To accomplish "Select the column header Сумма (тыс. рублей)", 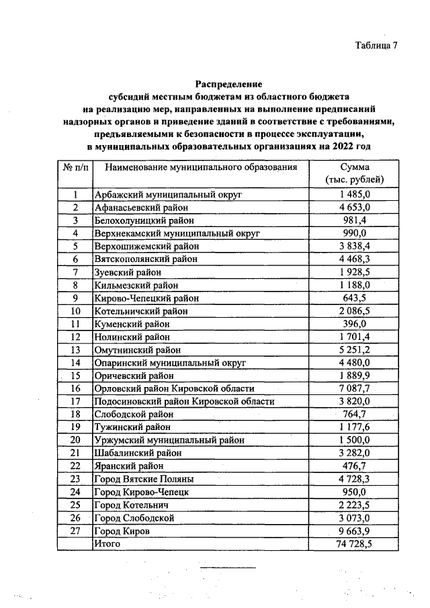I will pyautogui.click(x=354, y=173).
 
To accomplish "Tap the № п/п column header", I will pyautogui.click(x=74, y=167).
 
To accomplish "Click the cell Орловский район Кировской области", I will pyautogui.click(x=175, y=388).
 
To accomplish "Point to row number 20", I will pyautogui.click(x=75, y=440).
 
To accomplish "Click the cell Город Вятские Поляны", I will pyautogui.click(x=144, y=479).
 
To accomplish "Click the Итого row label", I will pyautogui.click(x=107, y=543).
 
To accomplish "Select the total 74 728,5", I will pyautogui.click(x=354, y=543).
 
